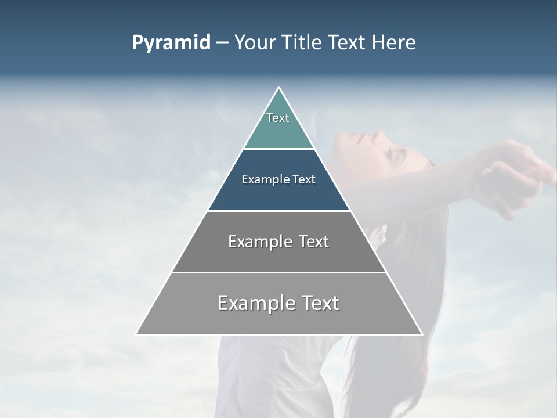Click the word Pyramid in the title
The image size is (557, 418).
click(171, 43)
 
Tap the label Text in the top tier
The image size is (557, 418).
click(278, 118)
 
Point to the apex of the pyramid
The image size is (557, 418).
click(278, 88)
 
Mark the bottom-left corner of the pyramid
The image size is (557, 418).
click(137, 333)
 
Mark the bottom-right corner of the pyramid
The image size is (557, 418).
click(421, 333)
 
